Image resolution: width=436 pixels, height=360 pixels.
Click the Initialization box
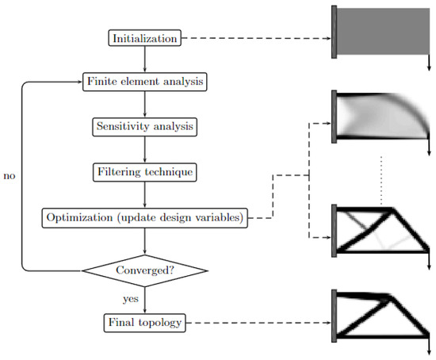[145, 37]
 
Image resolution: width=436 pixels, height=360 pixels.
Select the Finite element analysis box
[145, 81]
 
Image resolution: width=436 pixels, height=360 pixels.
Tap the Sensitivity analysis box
[145, 126]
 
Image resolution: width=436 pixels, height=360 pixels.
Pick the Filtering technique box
[145, 170]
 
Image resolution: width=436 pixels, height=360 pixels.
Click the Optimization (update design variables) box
[145, 216]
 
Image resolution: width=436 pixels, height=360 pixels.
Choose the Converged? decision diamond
[145, 270]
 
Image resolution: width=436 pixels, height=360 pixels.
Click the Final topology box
[145, 323]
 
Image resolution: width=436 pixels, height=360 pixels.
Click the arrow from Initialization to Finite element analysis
[145, 59]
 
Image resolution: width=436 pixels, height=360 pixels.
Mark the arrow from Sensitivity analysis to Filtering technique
[145, 148]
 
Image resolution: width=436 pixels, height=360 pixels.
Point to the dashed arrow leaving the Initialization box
[254, 37]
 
